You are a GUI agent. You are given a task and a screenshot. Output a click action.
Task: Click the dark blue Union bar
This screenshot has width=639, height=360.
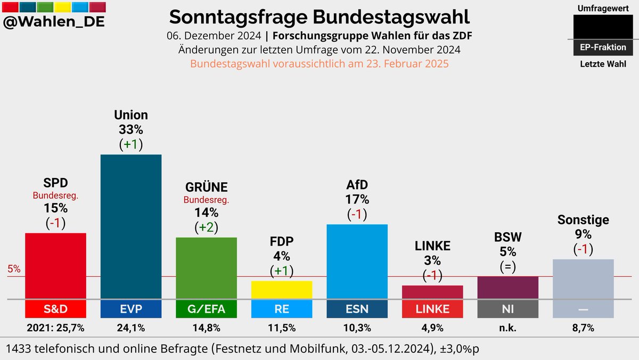131,226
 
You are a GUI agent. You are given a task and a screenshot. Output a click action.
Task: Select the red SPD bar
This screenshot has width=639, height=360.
55,266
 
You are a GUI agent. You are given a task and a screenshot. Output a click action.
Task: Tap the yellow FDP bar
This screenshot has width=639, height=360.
282,290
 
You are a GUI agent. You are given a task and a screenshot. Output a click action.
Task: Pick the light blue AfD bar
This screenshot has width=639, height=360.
357,261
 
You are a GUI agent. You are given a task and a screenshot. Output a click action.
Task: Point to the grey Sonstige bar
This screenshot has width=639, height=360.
584,279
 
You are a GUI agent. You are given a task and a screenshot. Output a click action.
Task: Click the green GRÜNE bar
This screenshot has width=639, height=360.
207,268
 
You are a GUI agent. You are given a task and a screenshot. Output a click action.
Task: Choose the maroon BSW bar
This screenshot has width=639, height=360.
508,288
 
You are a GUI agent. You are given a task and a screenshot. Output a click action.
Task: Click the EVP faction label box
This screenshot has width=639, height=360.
131,309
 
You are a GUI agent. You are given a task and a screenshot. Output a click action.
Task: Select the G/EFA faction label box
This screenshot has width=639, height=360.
207,309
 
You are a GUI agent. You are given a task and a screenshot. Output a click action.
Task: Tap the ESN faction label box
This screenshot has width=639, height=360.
357,309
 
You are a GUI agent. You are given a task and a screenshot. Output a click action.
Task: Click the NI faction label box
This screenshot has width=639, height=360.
508,309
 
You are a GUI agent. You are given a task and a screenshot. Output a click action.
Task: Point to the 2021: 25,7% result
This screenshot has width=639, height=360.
55,328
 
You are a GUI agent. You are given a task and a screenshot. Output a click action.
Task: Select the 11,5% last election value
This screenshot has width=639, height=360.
282,328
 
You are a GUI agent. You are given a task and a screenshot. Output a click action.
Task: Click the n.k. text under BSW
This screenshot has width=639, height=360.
508,328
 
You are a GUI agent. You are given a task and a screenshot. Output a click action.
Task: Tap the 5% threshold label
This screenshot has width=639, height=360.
14,269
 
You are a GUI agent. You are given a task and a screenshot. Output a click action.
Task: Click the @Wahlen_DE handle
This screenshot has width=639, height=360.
54,22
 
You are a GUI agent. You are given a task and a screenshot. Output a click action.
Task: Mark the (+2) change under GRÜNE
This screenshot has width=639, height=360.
207,227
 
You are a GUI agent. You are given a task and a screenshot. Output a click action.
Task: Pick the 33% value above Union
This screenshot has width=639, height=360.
131,129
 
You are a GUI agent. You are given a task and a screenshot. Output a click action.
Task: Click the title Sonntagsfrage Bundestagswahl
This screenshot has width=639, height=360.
319,17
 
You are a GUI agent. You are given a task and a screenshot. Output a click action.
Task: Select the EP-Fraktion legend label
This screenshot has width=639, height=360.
603,47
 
